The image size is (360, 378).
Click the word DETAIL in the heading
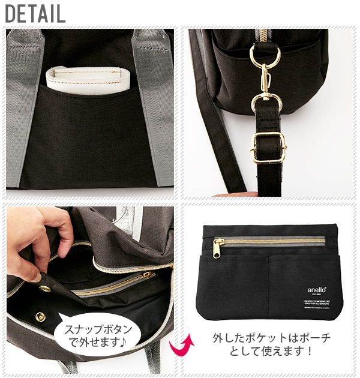pyautogui.click(x=35, y=13)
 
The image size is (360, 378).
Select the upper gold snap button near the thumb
pyautogui.click(x=45, y=289)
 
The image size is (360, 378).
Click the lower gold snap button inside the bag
pyautogui.click(x=40, y=317)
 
